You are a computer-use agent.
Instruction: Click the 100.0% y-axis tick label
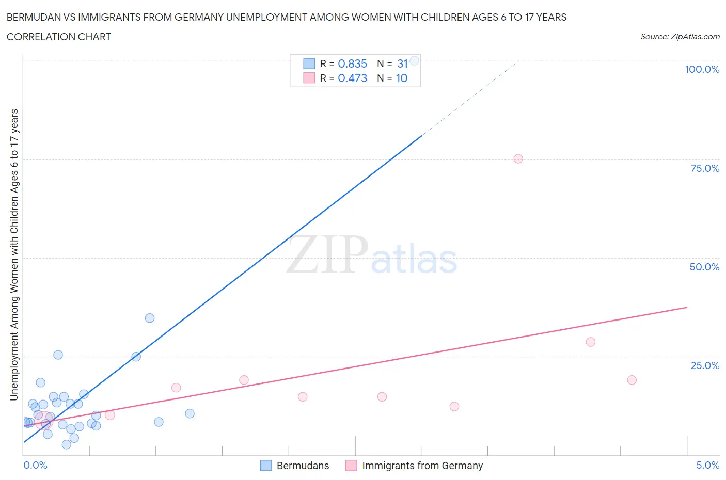(702, 69)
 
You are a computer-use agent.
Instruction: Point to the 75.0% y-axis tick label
(705, 168)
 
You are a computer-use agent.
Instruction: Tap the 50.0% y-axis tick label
(704, 267)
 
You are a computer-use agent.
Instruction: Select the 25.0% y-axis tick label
(705, 365)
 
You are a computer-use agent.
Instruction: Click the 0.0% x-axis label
(35, 465)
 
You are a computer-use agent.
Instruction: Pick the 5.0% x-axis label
(707, 465)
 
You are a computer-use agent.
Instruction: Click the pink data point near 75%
(518, 158)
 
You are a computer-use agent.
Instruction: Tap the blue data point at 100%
(414, 60)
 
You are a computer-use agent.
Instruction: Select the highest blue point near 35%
(150, 318)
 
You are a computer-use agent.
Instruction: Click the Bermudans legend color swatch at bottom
(266, 466)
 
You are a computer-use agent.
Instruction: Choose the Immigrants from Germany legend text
(422, 466)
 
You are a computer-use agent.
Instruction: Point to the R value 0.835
(352, 63)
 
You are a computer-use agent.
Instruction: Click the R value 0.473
(352, 78)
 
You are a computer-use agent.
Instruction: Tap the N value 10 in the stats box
(402, 78)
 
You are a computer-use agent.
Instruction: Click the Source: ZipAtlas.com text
(680, 37)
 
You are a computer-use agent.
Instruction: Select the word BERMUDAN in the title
(35, 17)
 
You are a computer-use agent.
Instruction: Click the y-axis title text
(14, 255)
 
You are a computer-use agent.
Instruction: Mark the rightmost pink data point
(632, 380)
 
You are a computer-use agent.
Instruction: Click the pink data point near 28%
(590, 342)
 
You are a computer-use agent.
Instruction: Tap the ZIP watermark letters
(327, 255)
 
